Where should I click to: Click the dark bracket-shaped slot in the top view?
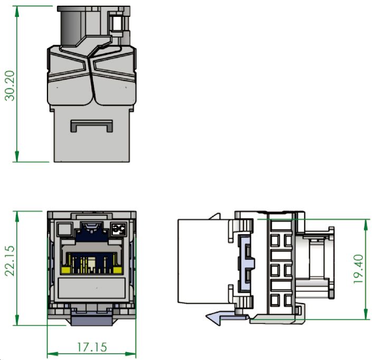(x=92, y=126)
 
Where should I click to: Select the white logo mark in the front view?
(x=119, y=229)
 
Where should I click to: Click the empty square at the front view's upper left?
(x=63, y=230)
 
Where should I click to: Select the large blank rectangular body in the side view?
(x=203, y=261)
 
